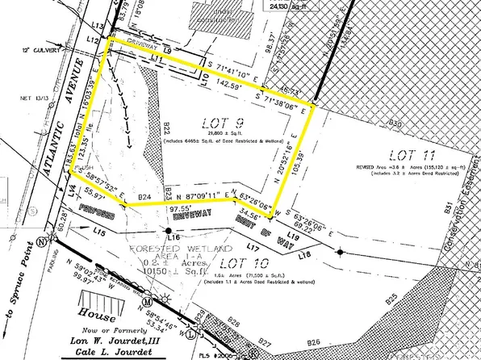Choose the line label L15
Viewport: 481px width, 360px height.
pyautogui.click(x=101, y=232)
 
